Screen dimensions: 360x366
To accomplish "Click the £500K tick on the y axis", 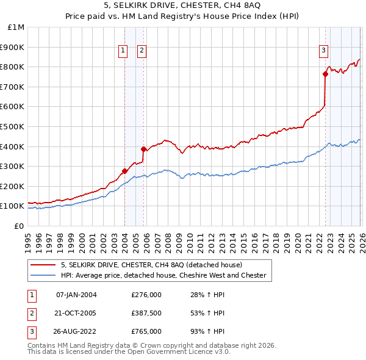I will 13,126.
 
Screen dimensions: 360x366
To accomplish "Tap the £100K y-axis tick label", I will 13,206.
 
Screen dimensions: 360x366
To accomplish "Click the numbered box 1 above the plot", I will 123,51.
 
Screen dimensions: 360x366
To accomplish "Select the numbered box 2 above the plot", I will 142,51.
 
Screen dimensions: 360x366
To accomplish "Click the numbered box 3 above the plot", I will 323,51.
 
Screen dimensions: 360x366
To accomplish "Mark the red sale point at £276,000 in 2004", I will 124,171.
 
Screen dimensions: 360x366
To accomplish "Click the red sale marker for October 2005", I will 143,149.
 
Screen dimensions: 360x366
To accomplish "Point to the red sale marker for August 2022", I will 325,74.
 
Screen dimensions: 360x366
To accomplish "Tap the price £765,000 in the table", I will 146,331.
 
